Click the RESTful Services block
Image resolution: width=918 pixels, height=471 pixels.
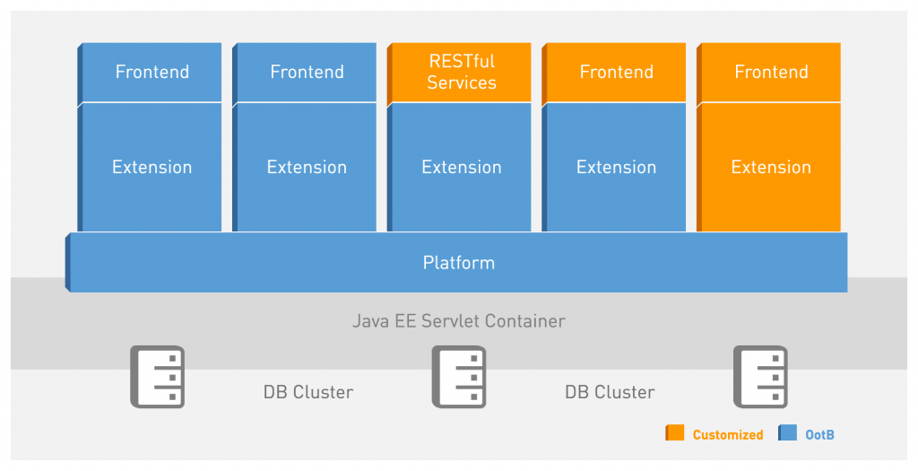(461, 72)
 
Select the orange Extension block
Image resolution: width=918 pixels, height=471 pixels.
(770, 167)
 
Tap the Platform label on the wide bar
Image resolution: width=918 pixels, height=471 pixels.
(458, 263)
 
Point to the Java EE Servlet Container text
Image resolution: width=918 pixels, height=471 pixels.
(458, 321)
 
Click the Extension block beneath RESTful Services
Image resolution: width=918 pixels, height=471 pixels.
(461, 167)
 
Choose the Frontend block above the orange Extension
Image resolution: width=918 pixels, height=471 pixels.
(770, 72)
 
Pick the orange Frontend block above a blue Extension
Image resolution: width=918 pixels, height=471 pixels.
(616, 72)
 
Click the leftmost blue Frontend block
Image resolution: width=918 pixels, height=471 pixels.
(152, 72)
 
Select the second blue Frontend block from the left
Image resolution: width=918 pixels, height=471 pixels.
(307, 72)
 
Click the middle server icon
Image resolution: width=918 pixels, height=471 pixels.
(459, 377)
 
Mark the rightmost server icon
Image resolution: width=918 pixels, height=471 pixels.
(760, 377)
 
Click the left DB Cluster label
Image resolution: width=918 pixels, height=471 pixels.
(307, 392)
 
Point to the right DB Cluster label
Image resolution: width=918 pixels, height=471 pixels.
(610, 392)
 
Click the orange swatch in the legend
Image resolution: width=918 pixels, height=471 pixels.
(674, 433)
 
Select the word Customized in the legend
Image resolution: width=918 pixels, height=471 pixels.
(727, 435)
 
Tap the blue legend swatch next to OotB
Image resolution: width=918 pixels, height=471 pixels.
(787, 433)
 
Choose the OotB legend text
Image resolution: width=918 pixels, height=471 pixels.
(819, 435)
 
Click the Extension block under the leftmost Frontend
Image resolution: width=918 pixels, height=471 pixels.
(152, 167)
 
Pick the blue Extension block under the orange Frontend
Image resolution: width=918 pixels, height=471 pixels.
(616, 167)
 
